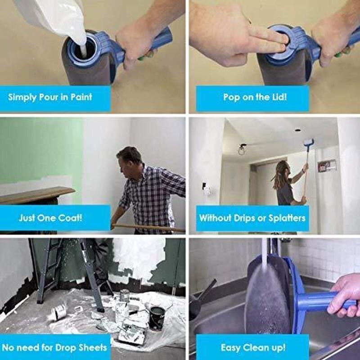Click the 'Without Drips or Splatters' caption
click(x=252, y=218)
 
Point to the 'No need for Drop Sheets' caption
click(x=54, y=347)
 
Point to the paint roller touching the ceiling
click(x=308, y=143)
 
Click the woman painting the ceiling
click(x=286, y=184)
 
